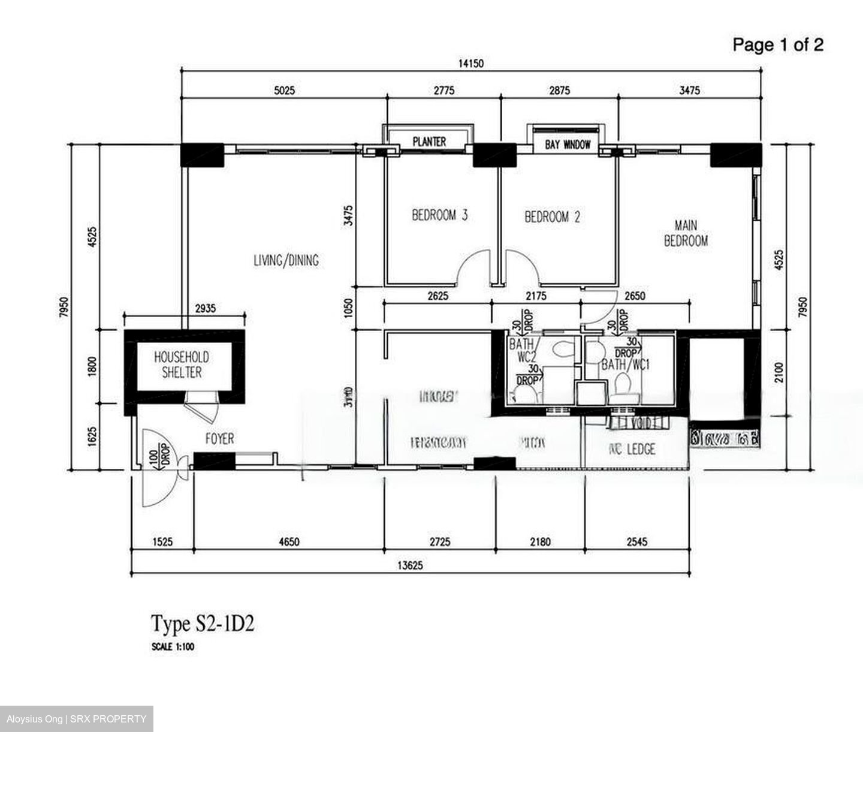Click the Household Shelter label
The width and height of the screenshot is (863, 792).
182,365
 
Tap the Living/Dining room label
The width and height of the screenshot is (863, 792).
286,260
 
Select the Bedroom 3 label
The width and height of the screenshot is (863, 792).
439,215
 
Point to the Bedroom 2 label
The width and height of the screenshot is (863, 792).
552,217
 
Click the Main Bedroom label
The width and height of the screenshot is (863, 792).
686,233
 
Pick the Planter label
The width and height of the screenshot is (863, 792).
429,141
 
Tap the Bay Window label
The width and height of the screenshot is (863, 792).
568,144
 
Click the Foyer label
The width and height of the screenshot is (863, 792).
219,439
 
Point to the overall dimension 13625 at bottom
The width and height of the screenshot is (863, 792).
411,565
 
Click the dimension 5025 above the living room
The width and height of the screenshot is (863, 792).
285,91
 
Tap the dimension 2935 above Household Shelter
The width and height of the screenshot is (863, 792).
205,308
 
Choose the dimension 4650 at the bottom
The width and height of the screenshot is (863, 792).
289,542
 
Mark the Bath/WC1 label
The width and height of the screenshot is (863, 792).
625,364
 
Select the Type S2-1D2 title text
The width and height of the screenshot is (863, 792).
203,624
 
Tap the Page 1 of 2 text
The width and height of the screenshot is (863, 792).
778,44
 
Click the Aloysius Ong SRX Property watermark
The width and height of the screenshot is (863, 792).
76,719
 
